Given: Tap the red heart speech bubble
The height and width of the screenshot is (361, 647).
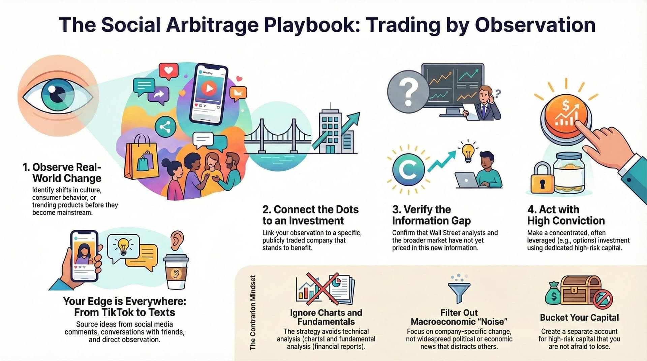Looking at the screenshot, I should [x=168, y=71].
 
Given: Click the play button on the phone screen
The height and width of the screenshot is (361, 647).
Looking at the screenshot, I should [x=209, y=89].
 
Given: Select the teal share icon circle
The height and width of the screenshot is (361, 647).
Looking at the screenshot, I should [x=165, y=127].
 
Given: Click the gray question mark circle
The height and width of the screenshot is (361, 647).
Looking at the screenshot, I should [x=408, y=91].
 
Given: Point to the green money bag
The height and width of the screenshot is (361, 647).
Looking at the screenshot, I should [x=553, y=294].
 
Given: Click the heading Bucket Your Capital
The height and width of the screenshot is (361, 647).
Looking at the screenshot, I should [x=579, y=318].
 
